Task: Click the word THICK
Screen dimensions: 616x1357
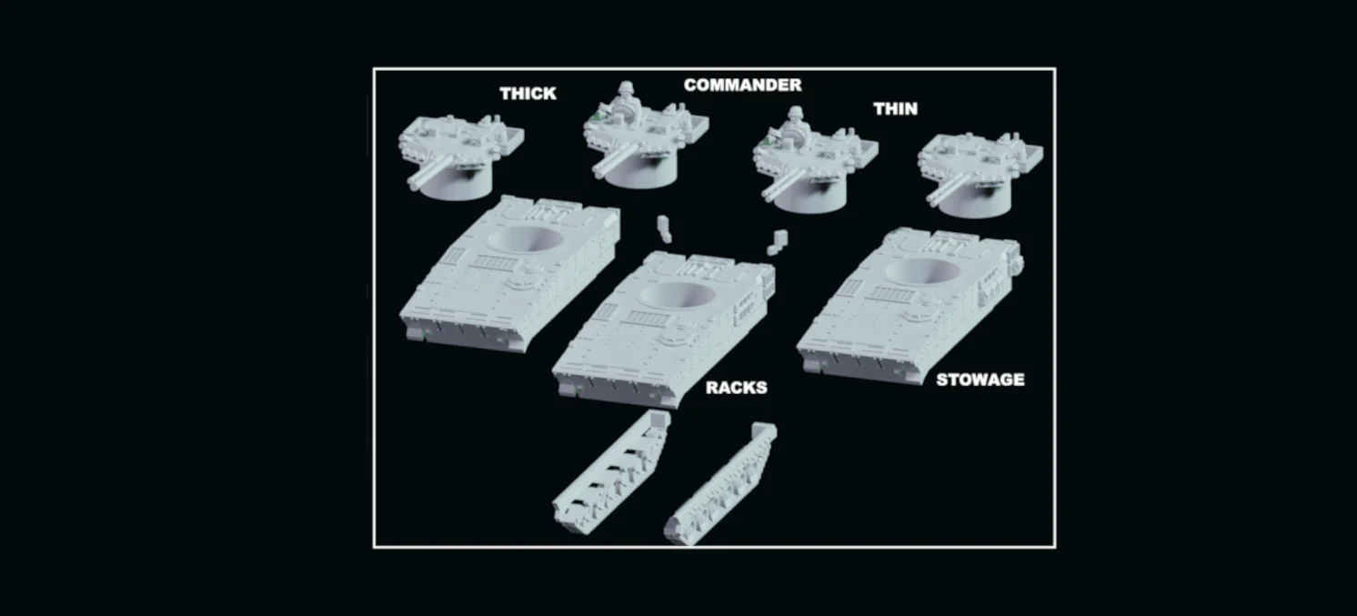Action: click(528, 94)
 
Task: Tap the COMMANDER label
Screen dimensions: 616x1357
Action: click(742, 85)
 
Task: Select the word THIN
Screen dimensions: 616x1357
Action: click(895, 109)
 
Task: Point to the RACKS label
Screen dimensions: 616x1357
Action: click(736, 388)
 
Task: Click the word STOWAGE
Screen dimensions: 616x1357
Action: click(980, 379)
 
